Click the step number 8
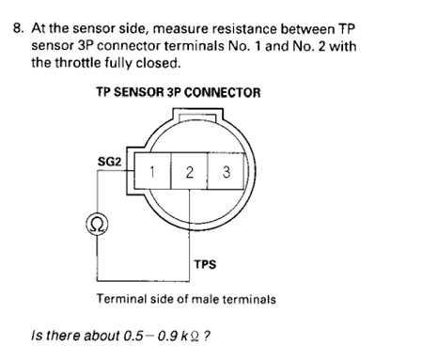pyautogui.click(x=18, y=28)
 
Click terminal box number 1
pyautogui.click(x=152, y=171)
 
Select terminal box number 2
pyautogui.click(x=189, y=171)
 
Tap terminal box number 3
pyautogui.click(x=226, y=171)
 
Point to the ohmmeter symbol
pyautogui.click(x=97, y=225)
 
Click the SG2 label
pyautogui.click(x=109, y=162)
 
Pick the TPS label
pyautogui.click(x=205, y=264)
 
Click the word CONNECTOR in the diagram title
pyautogui.click(x=222, y=92)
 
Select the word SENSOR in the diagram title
pyautogui.click(x=139, y=92)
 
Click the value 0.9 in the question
pyautogui.click(x=167, y=336)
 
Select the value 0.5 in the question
pyautogui.click(x=133, y=336)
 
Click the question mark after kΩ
pyautogui.click(x=207, y=336)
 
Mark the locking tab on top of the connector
pyautogui.click(x=197, y=115)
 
